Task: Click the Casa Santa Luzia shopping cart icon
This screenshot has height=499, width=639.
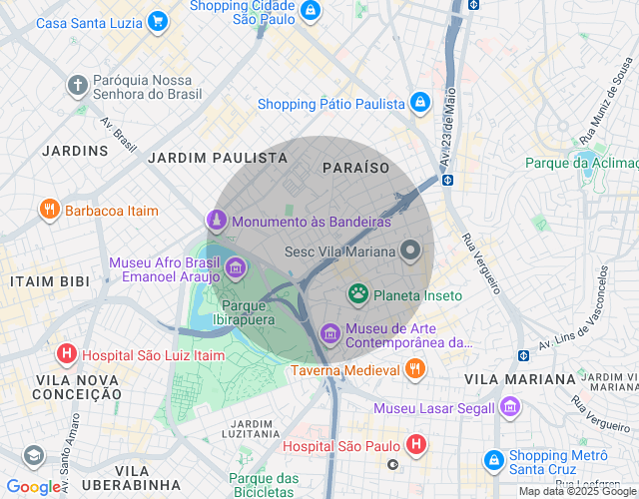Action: coord(157,21)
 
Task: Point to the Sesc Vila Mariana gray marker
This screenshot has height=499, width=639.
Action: coord(410,251)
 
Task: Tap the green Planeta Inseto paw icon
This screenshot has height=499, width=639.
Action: coord(357,294)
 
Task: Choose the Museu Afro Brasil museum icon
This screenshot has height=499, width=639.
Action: coord(236,266)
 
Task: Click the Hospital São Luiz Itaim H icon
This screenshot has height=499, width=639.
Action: coord(66,353)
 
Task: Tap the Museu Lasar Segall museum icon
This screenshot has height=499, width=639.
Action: coord(510,407)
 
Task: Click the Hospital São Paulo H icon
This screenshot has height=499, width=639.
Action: coord(416,445)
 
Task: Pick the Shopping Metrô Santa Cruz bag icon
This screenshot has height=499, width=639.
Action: coord(493,461)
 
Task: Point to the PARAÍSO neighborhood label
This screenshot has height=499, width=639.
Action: coord(355,168)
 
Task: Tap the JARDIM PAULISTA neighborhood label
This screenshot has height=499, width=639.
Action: coord(217,158)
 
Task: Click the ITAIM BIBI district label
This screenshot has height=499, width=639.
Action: coord(49,281)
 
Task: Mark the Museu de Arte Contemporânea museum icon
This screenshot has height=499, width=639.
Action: coord(329,332)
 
